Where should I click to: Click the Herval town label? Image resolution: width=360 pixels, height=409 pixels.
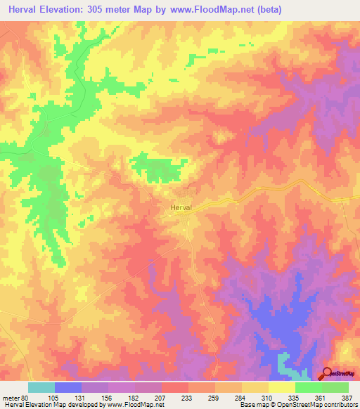181,208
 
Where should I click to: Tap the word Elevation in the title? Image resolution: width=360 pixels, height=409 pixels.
68,10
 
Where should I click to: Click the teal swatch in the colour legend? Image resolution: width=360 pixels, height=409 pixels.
41,387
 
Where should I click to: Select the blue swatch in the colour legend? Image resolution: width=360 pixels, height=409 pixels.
67,387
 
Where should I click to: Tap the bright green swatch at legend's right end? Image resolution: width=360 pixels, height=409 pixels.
335,387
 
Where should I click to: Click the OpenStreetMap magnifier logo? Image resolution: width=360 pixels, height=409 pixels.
328,374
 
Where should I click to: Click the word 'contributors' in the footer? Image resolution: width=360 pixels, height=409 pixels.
337,405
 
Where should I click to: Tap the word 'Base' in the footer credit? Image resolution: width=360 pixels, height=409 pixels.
247,405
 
